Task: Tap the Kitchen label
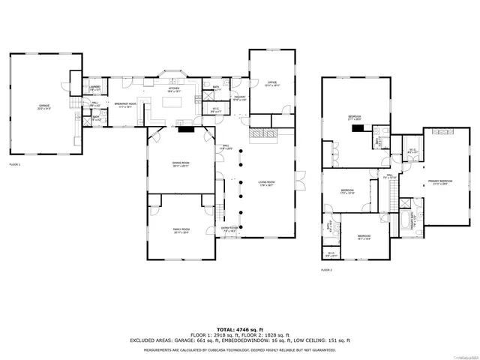(174, 89)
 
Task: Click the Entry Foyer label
(229, 229)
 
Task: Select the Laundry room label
(95, 88)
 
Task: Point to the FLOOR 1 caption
(15, 163)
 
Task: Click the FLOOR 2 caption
(326, 269)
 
